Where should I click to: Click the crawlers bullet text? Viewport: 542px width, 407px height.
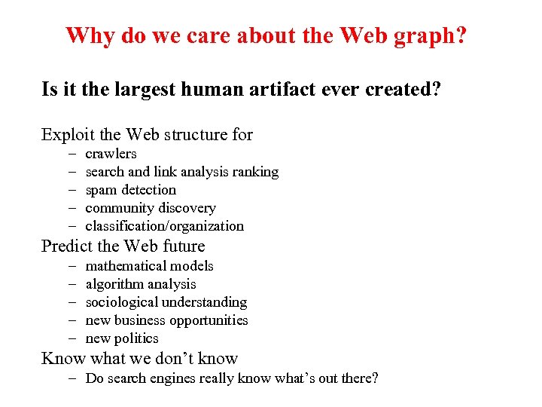[111, 154]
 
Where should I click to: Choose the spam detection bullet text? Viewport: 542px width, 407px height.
[130, 190]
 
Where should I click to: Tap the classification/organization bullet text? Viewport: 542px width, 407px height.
[164, 226]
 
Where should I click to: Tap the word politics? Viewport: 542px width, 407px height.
[136, 338]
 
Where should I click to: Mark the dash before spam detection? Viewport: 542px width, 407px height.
[72, 190]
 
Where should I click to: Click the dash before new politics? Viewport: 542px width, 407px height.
[72, 338]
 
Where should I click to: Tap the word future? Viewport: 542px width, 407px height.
[181, 246]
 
